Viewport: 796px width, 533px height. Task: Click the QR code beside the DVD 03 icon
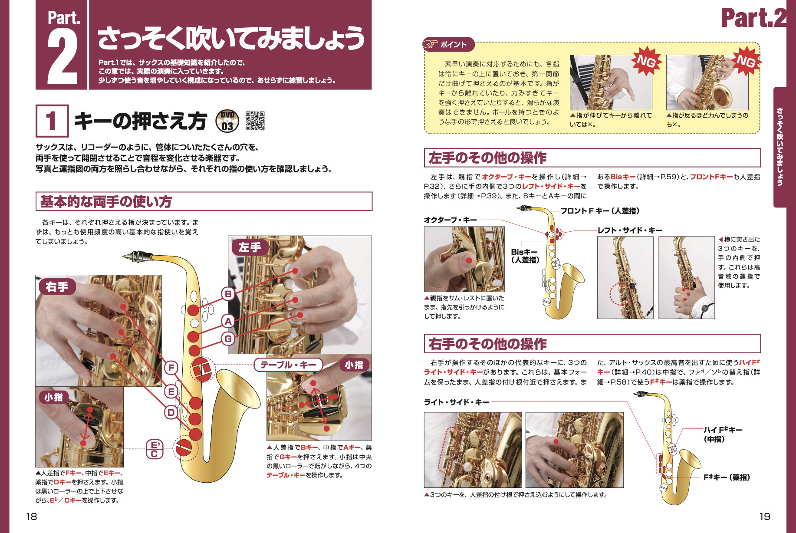coord(255,121)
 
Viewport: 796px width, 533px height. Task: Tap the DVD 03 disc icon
coord(227,121)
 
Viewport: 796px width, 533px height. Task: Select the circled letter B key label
coord(228,294)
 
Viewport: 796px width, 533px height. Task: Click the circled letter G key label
coord(228,338)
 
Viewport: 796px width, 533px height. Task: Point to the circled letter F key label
coord(171,368)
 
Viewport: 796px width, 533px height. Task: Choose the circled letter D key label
coord(171,412)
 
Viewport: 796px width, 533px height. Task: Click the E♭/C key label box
coord(154,449)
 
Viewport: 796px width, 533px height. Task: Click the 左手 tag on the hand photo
coord(250,247)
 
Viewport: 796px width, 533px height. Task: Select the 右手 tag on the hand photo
coord(57,287)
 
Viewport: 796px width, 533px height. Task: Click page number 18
coord(32,517)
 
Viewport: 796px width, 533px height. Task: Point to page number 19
coord(765,517)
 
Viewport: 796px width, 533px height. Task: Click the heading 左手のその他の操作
coord(487,158)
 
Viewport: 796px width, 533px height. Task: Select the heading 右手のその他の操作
coord(487,344)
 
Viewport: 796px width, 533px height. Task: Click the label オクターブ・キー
coord(450,220)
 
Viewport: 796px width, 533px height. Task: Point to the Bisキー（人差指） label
coord(525,256)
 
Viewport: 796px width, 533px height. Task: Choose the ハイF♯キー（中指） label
coord(723,434)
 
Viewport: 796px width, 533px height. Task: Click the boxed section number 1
coord(52,121)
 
